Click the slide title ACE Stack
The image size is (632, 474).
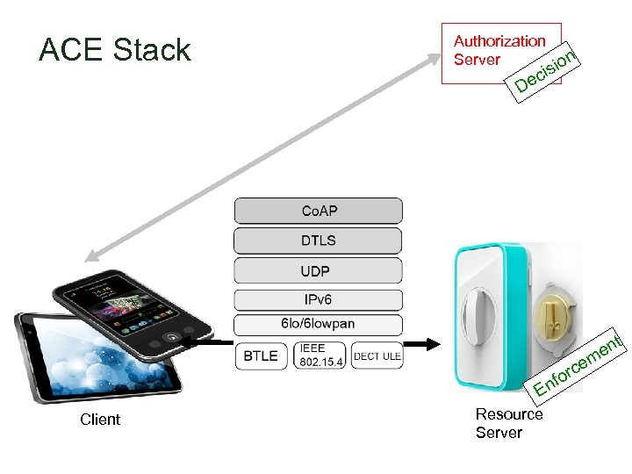point(115,50)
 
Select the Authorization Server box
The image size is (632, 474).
point(499,52)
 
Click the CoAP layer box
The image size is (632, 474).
point(318,211)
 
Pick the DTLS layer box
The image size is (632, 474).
point(318,241)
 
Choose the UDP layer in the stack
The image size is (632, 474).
point(318,271)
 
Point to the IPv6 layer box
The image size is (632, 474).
point(318,300)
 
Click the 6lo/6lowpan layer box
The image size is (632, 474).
point(318,324)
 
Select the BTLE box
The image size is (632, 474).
point(261,355)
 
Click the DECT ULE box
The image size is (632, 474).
point(377,355)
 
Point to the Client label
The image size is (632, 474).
point(100,420)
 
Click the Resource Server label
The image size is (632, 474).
point(509,423)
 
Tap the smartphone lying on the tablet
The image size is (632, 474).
point(132,307)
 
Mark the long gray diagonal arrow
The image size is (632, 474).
point(263,158)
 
